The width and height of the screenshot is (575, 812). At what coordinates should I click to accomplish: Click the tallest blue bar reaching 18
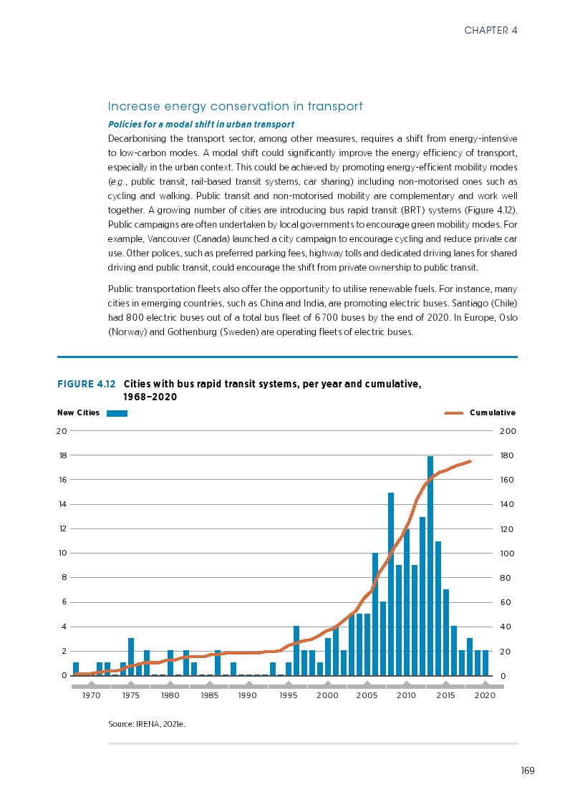pyautogui.click(x=430, y=566)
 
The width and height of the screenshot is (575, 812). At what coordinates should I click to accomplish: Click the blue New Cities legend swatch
pyautogui.click(x=117, y=413)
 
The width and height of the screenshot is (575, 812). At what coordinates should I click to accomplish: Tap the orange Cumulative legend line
pyautogui.click(x=455, y=413)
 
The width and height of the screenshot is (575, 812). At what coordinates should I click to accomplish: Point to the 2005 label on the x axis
pyautogui.click(x=367, y=695)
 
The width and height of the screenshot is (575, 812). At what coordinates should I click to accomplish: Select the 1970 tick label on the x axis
pyautogui.click(x=91, y=695)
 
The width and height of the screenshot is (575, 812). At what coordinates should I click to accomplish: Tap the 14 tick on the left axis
pyautogui.click(x=62, y=504)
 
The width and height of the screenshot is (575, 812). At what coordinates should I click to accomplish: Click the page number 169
pyautogui.click(x=528, y=770)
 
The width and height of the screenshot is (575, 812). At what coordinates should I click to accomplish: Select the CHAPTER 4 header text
pyautogui.click(x=491, y=30)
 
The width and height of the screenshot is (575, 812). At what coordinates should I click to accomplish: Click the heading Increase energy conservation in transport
pyautogui.click(x=235, y=107)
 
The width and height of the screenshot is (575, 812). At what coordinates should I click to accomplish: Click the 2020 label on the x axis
pyautogui.click(x=485, y=695)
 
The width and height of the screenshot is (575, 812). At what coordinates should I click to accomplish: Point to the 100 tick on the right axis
pyautogui.click(x=506, y=554)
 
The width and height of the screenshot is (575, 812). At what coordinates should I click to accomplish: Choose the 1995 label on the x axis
pyautogui.click(x=288, y=695)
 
